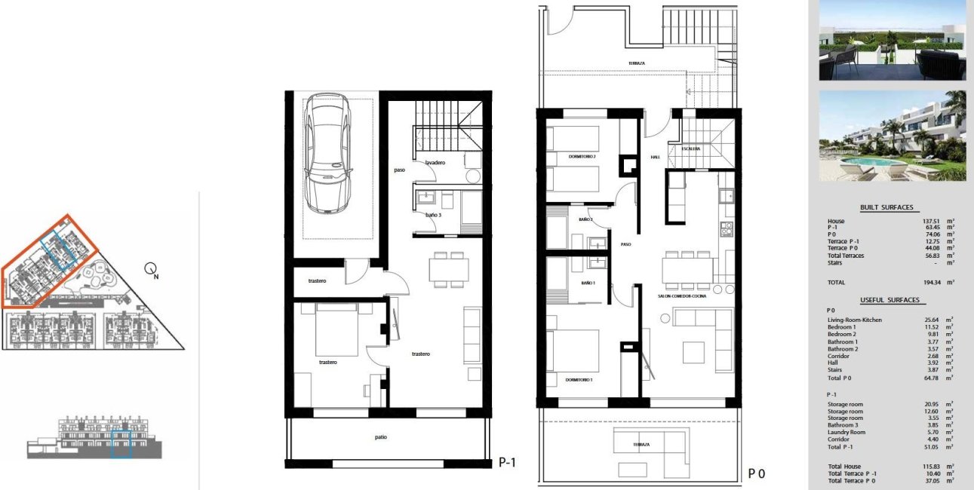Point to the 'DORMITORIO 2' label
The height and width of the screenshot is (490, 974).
pyautogui.click(x=582, y=157)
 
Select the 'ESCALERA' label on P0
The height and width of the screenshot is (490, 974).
pyautogui.click(x=691, y=149)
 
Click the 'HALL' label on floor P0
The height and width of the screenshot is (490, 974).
pyautogui.click(x=655, y=158)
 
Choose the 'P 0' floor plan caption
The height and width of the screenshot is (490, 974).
pyautogui.click(x=757, y=473)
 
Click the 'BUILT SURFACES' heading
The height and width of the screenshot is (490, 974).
pyautogui.click(x=886, y=207)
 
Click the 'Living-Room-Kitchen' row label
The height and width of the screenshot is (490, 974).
pyautogui.click(x=854, y=320)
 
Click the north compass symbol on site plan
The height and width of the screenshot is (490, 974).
pyautogui.click(x=152, y=268)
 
